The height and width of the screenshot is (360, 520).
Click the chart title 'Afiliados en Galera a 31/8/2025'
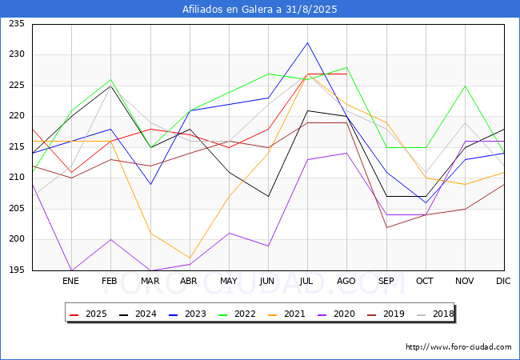260,10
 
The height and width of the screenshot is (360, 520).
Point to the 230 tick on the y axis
15,54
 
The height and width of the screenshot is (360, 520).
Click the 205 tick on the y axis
15,209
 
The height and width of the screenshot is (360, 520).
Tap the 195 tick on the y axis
15,270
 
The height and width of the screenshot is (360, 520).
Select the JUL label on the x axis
307,281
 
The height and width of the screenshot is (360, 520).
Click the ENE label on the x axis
71,281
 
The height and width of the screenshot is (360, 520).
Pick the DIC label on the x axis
503,281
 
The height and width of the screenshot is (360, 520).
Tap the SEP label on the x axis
386,281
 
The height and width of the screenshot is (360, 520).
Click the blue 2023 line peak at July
307,42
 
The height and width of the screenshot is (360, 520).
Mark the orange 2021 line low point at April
190,258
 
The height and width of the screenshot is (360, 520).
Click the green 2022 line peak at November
465,86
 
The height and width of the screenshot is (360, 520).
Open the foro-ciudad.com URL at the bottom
458,347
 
